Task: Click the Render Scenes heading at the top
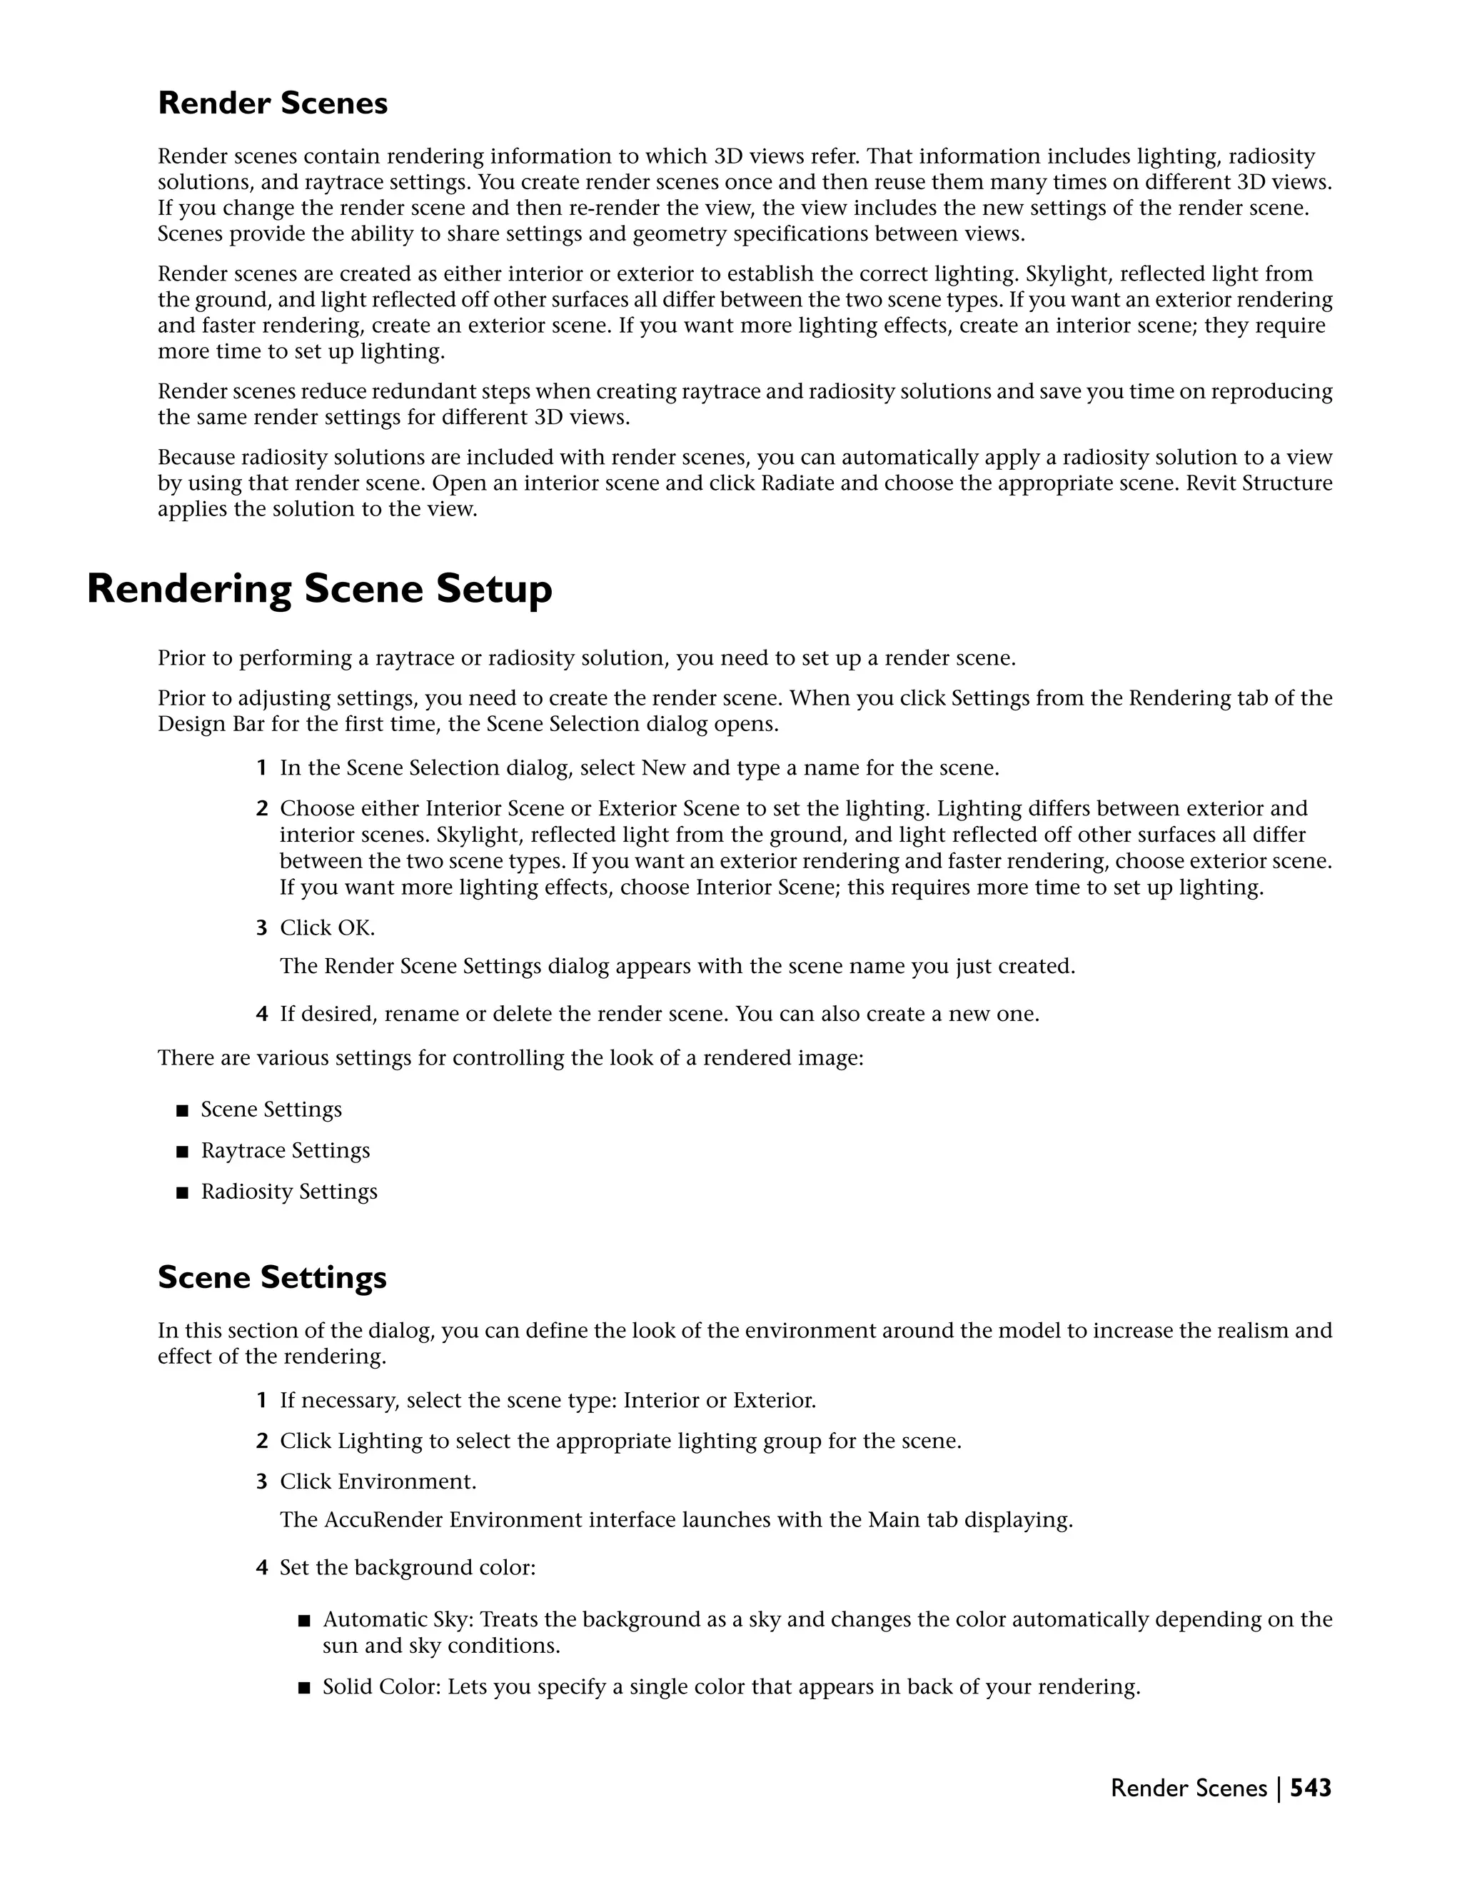(272, 103)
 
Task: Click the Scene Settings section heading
(272, 1277)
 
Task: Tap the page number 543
(1311, 1788)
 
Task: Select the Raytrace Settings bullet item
(285, 1150)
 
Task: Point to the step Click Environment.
(378, 1481)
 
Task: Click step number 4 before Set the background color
(261, 1568)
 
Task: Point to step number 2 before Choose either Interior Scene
(261, 809)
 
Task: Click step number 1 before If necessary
(261, 1401)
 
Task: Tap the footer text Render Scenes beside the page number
(1189, 1788)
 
